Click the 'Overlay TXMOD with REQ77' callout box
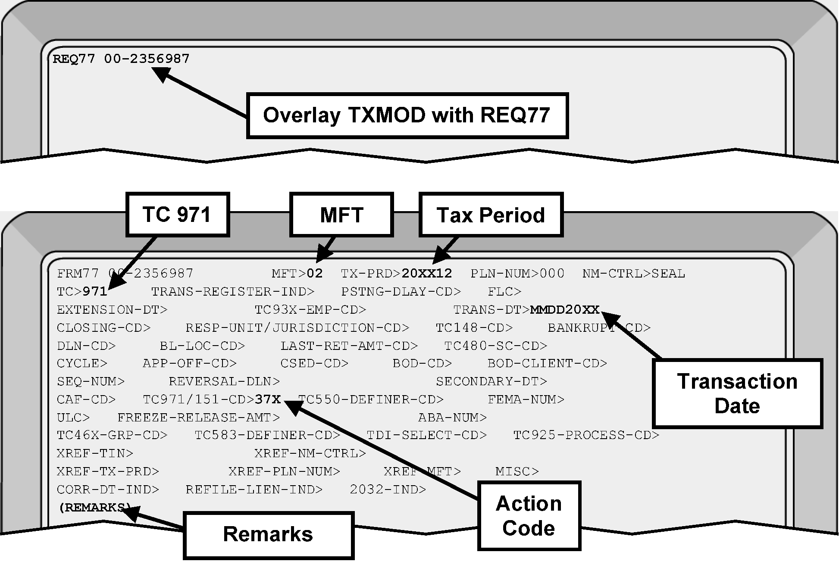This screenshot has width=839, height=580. pyautogui.click(x=407, y=115)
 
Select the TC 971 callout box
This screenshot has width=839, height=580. pyautogui.click(x=177, y=215)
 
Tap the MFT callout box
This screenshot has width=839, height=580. pyautogui.click(x=341, y=215)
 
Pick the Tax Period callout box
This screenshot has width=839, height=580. pyautogui.click(x=491, y=215)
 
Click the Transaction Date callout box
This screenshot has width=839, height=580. pyautogui.click(x=737, y=393)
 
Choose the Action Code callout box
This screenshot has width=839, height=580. pyautogui.click(x=529, y=516)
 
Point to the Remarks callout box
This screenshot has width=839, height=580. pyautogui.click(x=268, y=535)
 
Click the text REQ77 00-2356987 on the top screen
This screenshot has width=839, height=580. pyautogui.click(x=121, y=59)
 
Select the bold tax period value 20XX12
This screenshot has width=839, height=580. pyautogui.click(x=427, y=274)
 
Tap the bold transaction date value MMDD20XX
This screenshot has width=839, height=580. pyautogui.click(x=565, y=310)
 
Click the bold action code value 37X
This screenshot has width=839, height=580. pyautogui.click(x=268, y=399)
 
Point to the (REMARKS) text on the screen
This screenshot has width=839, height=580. pyautogui.click(x=95, y=508)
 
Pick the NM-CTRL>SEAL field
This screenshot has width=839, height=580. pyautogui.click(x=633, y=274)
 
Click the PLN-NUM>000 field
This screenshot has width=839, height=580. pyautogui.click(x=517, y=274)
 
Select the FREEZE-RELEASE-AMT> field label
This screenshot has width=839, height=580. pyautogui.click(x=198, y=418)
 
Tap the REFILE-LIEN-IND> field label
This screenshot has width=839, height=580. pyautogui.click(x=254, y=490)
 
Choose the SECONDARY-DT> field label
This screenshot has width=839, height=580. pyautogui.click(x=491, y=381)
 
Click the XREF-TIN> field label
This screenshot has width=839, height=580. pyautogui.click(x=95, y=453)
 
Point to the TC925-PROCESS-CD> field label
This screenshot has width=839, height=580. pyautogui.click(x=586, y=435)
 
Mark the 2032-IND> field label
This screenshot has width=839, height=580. pyautogui.click(x=388, y=490)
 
